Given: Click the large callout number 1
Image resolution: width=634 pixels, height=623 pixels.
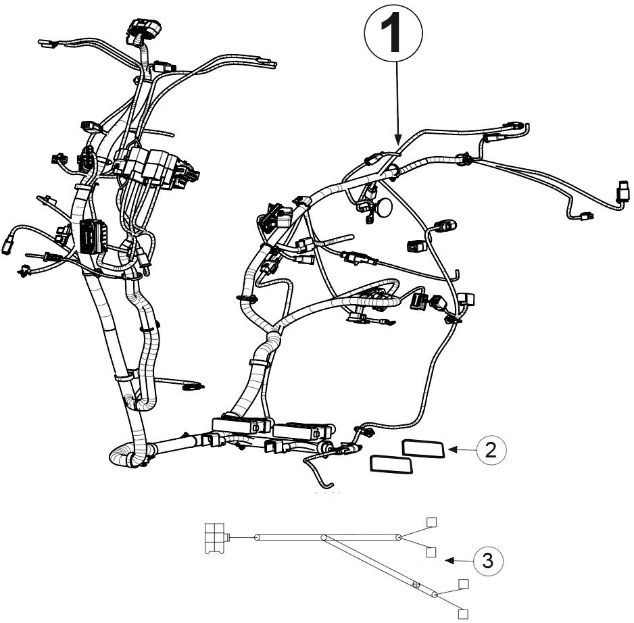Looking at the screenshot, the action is (x=391, y=32).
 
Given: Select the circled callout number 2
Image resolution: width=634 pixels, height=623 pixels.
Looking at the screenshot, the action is (x=491, y=449).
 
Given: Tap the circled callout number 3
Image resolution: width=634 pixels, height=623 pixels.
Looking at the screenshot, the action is (x=489, y=561).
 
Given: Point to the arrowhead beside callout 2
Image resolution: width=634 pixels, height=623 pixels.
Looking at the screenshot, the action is (x=452, y=449).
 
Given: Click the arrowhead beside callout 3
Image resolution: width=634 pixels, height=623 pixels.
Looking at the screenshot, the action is (x=449, y=560).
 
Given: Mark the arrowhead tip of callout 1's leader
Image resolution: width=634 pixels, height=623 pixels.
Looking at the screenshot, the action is (x=398, y=145).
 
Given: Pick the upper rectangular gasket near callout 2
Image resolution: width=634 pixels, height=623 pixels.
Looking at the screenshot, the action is (x=423, y=449).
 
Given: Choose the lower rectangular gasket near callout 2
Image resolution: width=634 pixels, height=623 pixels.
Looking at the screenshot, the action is (x=391, y=464).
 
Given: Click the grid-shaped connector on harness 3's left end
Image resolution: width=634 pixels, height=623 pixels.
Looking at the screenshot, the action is (x=215, y=538).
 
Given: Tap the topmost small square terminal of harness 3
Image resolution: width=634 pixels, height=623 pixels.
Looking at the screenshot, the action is (x=432, y=522).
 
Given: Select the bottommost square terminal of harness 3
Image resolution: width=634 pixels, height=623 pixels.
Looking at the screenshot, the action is (x=464, y=614).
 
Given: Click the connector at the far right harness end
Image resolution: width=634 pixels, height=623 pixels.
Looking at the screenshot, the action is (x=624, y=191).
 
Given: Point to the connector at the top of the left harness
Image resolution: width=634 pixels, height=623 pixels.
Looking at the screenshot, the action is (x=144, y=28).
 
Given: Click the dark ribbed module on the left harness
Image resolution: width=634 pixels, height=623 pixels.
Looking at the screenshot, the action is (x=93, y=236).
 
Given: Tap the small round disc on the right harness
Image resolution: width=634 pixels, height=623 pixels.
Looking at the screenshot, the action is (x=385, y=207).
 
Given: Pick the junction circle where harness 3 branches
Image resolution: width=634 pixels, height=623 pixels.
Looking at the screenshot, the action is (x=324, y=538).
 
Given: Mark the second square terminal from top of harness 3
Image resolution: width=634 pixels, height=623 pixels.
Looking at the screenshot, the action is (x=431, y=552).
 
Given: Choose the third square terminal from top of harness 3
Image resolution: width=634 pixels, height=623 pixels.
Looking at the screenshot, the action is (x=464, y=584).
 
